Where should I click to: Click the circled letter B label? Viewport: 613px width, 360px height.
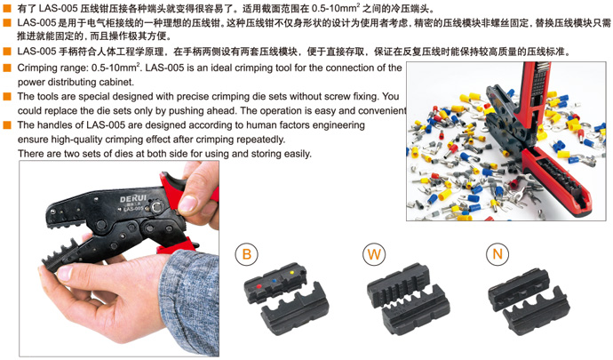coord(246,254)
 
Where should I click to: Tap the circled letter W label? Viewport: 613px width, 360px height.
coord(374,254)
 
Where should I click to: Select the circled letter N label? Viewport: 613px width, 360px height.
coord(498,254)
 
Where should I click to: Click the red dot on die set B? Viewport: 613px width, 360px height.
coord(259,287)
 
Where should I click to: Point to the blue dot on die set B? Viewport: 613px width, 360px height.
coord(275,281)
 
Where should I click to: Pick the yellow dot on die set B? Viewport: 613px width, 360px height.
coord(291,272)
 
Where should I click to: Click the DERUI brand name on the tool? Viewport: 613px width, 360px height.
coord(133,199)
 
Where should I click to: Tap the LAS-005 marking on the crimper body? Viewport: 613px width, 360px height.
coord(133,209)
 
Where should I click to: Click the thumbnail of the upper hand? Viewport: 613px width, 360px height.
coord(187,204)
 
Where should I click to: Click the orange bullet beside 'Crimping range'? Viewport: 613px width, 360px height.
coord(7,68)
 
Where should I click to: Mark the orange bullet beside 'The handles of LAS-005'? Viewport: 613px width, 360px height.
coord(7,124)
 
